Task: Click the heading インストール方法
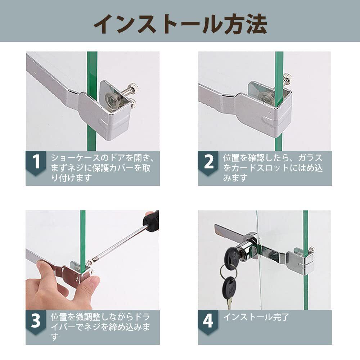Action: (180, 24)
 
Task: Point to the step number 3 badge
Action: (36, 322)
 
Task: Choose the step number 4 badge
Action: (208, 322)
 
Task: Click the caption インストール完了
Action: (256, 317)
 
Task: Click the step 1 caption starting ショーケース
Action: (103, 168)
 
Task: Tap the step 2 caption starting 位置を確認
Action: (273, 168)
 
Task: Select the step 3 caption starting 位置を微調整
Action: (100, 327)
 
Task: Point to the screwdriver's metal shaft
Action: (117, 245)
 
